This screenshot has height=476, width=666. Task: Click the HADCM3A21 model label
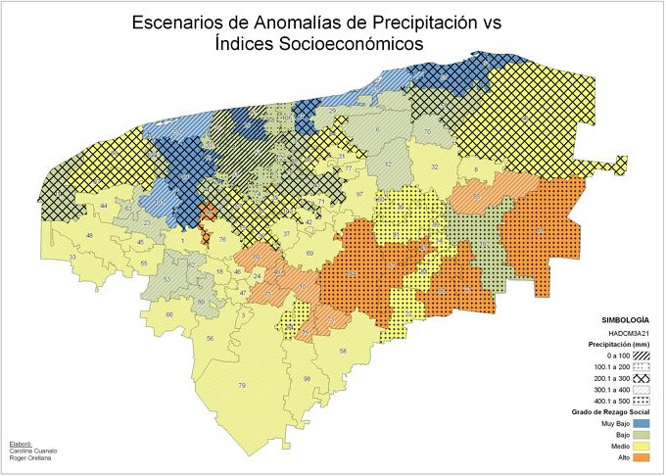(629, 334)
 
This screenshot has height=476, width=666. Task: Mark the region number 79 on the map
(241, 387)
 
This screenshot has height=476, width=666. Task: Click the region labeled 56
(211, 339)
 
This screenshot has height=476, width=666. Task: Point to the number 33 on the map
(71, 257)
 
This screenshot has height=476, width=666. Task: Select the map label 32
(434, 167)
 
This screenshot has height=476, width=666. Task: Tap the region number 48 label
(89, 236)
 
